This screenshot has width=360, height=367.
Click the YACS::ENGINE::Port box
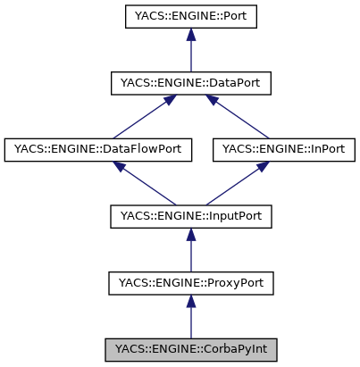(x=190, y=17)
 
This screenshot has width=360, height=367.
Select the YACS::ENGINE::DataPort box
(x=190, y=83)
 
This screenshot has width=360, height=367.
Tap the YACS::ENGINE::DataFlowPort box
(x=98, y=149)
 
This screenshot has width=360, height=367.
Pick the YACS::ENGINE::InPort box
(x=283, y=149)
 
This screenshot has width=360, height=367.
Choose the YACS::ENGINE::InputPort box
(x=190, y=215)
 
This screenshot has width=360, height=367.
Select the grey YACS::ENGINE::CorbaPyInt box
(x=190, y=348)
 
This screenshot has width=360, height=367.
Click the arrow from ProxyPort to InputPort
(x=190, y=251)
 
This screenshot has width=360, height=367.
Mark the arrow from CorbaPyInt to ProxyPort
(x=190, y=317)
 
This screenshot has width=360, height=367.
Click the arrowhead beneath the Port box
(x=190, y=36)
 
